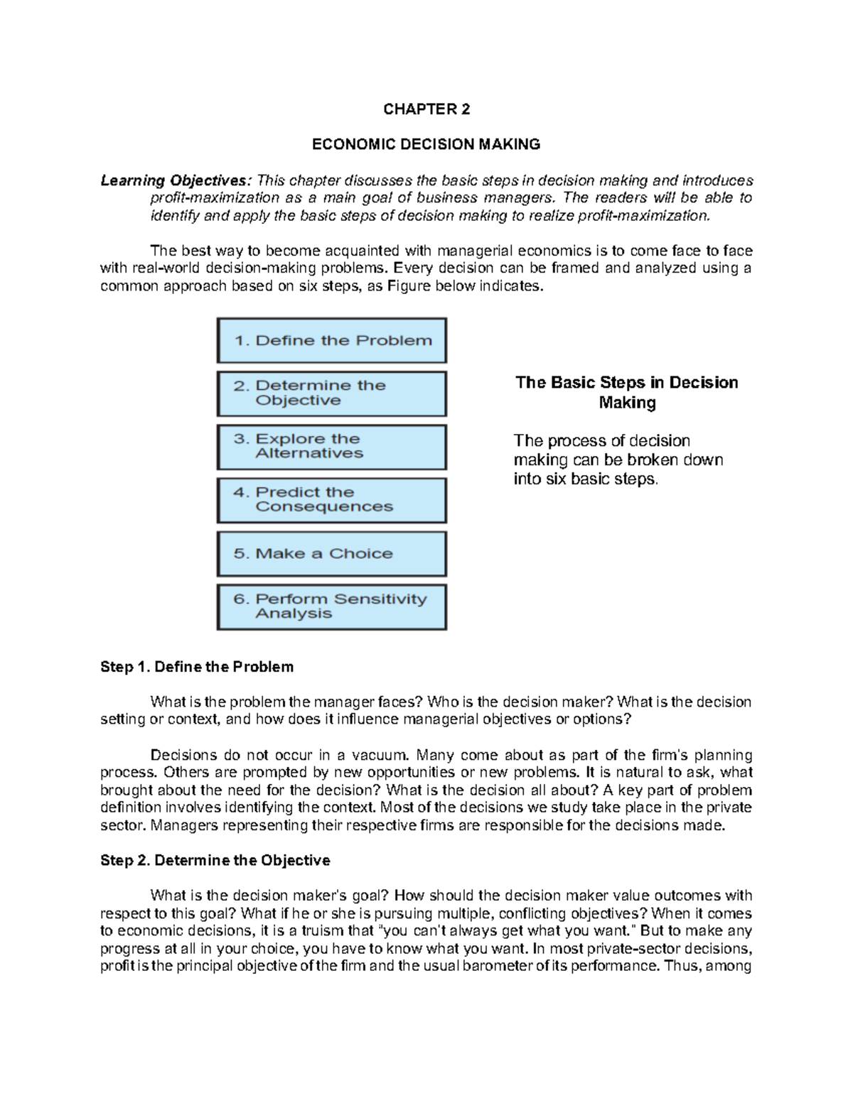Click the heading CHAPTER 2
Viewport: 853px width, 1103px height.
click(x=426, y=109)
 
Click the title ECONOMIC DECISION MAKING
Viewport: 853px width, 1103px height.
click(x=426, y=145)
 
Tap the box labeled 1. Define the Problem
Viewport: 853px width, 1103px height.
click(x=332, y=340)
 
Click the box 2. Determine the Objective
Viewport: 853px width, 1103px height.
click(x=332, y=393)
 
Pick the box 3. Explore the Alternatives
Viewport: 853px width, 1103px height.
click(x=332, y=447)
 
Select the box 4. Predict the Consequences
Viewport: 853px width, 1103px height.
click(x=332, y=500)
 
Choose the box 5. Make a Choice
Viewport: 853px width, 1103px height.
click(x=332, y=554)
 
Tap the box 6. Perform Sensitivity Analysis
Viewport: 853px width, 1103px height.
click(x=332, y=607)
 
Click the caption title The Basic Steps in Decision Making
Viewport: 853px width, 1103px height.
click(x=626, y=393)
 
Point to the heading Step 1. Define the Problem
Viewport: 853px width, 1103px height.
click(x=197, y=667)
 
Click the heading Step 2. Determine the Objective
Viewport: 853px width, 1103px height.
click(x=215, y=861)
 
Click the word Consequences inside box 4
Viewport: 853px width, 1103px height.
click(x=324, y=507)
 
